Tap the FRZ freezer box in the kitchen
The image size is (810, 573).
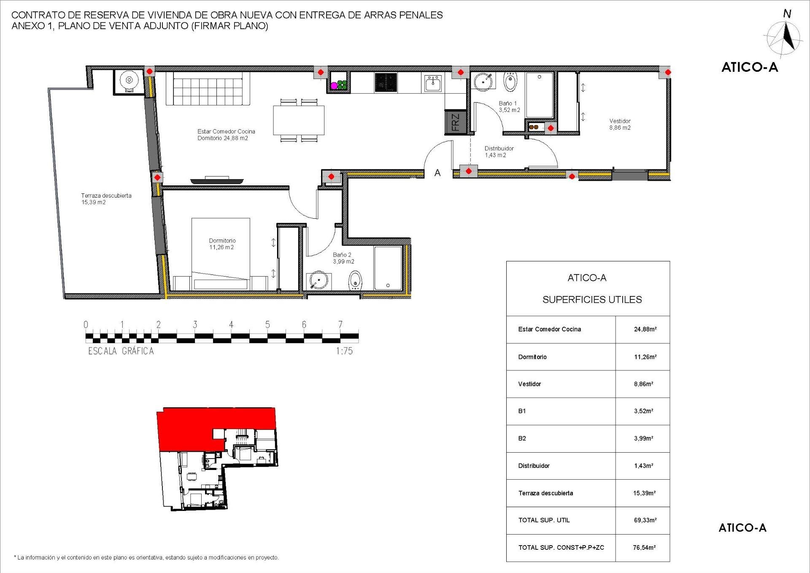tap(455, 122)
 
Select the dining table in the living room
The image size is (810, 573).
tap(299, 120)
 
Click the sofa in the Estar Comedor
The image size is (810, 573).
tap(208, 89)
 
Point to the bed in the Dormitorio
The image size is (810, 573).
tap(221, 254)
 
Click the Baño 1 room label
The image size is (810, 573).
tap(509, 106)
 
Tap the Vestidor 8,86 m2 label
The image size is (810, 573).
tap(620, 124)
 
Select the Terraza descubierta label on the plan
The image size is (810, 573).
tap(106, 199)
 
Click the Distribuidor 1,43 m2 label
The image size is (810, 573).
tap(499, 152)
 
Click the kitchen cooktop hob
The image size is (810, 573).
tap(386, 82)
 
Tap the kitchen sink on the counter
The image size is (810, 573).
tap(433, 83)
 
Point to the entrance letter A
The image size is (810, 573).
tap(437, 173)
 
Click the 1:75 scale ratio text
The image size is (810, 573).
tap(344, 351)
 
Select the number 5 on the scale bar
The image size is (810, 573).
tap(267, 325)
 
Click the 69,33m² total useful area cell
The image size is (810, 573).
tap(645, 520)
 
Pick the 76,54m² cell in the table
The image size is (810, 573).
tap(644, 548)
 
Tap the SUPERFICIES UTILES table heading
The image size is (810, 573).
tap(592, 299)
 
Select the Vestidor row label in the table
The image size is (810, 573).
tap(529, 384)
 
